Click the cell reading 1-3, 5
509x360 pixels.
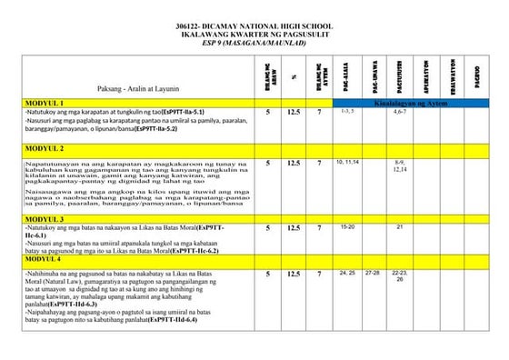[346, 112]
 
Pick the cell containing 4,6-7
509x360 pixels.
[399, 112]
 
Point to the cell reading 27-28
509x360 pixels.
[372, 272]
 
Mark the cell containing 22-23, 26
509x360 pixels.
[399, 275]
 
